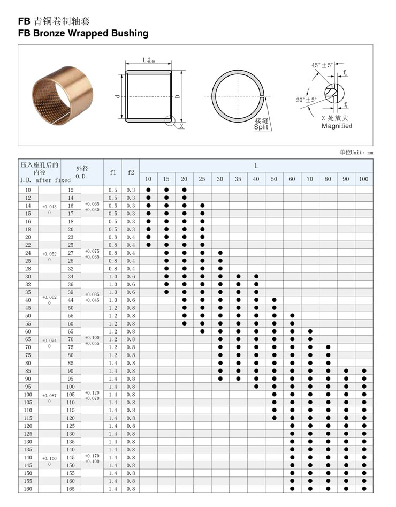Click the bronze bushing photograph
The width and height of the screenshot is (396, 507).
coord(62,94)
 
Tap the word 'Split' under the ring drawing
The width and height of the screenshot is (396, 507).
coord(261,128)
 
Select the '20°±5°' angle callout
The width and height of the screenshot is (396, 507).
coord(307,100)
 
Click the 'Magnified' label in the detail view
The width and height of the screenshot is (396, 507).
coord(337,126)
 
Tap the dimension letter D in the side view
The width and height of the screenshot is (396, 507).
coord(178,97)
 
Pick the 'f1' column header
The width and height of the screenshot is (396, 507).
coord(113,172)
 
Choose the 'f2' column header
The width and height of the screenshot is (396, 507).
coord(131,172)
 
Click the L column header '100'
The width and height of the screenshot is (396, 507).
coord(364,179)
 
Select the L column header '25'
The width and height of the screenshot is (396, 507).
coord(202,179)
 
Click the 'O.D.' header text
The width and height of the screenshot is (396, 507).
coord(81,176)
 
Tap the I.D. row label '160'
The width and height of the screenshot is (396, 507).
coord(28,489)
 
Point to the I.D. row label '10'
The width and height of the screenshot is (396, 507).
coord(28,190)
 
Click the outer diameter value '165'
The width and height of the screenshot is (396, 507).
coord(71,489)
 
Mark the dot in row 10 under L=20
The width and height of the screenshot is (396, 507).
coord(184,190)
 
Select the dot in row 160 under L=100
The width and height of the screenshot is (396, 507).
coord(364,489)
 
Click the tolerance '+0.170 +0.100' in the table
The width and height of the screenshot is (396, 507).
coord(92,458)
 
